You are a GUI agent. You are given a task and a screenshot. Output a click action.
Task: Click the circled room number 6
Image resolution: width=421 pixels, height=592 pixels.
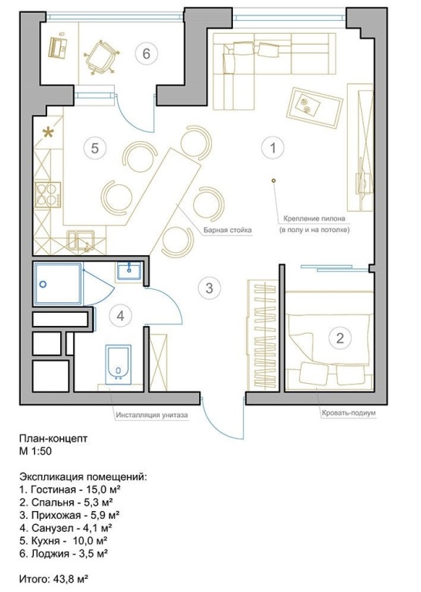[147, 54]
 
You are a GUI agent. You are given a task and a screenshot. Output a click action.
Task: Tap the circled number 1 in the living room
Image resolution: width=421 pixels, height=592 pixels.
[273, 148]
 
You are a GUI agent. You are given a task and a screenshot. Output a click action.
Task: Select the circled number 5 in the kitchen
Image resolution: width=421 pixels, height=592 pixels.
[95, 148]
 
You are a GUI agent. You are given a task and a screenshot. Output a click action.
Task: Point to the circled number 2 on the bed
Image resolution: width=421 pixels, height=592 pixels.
[339, 338]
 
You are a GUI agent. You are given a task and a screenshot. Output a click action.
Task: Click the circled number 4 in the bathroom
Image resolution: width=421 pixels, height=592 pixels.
[120, 315]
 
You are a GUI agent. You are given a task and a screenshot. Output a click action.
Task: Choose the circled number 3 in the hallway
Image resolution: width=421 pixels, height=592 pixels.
[209, 288]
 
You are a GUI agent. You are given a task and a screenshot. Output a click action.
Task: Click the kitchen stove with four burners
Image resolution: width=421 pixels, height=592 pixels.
[48, 194]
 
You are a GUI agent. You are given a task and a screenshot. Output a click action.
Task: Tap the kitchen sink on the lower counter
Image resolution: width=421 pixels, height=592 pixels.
[81, 241]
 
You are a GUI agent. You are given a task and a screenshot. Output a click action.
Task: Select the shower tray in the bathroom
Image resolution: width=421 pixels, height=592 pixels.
[58, 284]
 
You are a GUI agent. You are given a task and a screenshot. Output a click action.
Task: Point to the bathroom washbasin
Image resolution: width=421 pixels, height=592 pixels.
[129, 271]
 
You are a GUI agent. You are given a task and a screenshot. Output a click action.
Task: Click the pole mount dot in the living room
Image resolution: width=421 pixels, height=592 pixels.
[274, 180]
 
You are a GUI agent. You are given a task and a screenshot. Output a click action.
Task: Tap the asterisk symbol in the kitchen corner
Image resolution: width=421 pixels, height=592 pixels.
[48, 133]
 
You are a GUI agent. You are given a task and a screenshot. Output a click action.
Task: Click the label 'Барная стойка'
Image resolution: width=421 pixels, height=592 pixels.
[227, 230]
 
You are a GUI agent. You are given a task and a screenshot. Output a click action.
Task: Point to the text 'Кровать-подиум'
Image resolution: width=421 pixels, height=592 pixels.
[349, 413]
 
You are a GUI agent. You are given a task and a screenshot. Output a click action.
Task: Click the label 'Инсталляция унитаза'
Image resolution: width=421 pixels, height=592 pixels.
[152, 415]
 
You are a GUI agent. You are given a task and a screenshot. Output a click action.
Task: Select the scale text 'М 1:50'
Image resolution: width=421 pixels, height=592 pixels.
[35, 451]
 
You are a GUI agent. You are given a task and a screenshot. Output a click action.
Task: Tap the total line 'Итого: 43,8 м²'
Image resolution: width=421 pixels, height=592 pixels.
[54, 579]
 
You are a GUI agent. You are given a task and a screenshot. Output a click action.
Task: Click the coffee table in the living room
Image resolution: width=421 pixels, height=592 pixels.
[315, 107]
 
